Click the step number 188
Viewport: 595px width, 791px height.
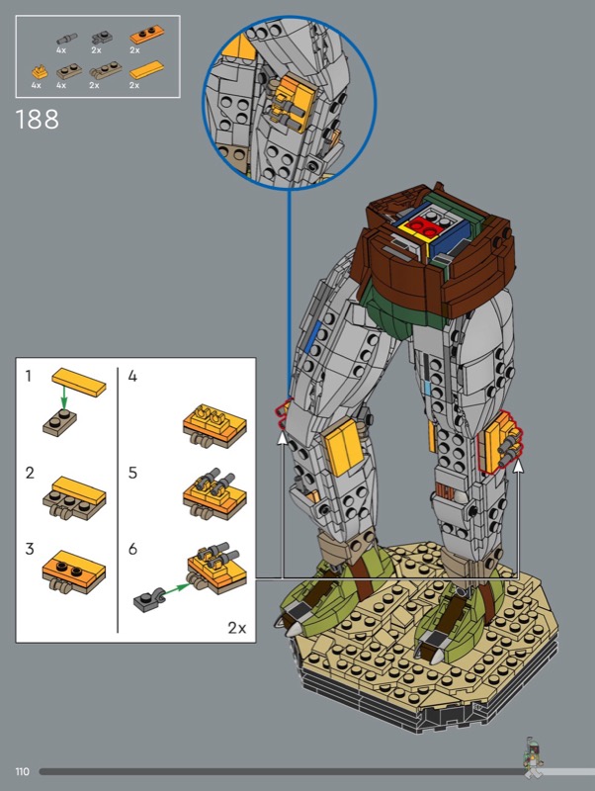[x=38, y=120]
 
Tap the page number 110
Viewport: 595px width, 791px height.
[x=22, y=771]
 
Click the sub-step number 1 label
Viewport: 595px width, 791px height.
[x=29, y=376]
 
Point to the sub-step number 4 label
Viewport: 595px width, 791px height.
[x=132, y=377]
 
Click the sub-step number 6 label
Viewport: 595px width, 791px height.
[x=132, y=549]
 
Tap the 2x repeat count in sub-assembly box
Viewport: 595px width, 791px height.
[x=237, y=628]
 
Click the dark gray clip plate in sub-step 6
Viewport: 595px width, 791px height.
[x=147, y=600]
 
